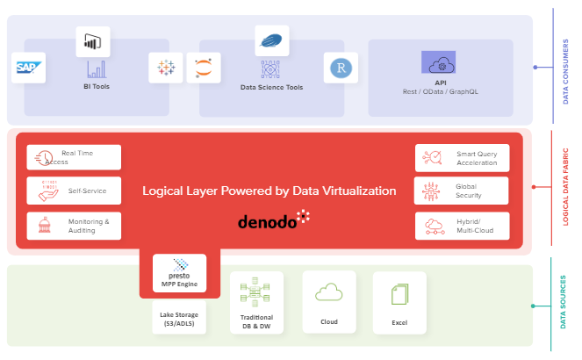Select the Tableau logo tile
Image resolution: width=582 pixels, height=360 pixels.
[165, 68]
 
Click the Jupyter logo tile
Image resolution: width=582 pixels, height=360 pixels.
[203, 68]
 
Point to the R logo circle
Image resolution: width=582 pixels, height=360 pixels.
[338, 68]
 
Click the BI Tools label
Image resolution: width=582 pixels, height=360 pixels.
[97, 87]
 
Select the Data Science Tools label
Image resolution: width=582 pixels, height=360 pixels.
[271, 88]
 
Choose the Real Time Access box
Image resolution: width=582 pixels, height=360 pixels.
[74, 157]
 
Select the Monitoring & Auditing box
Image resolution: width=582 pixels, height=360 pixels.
[74, 226]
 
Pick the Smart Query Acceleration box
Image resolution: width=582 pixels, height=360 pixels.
[462, 157]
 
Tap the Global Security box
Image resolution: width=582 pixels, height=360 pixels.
[462, 191]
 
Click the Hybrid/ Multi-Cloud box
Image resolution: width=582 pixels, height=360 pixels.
[462, 226]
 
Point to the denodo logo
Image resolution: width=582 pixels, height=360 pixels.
[273, 220]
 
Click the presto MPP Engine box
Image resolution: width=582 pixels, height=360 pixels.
[179, 273]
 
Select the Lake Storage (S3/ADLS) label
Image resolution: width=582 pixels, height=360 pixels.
[179, 318]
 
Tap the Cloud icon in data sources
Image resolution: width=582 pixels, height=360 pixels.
[329, 293]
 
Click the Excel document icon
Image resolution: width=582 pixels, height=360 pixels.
[399, 295]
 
